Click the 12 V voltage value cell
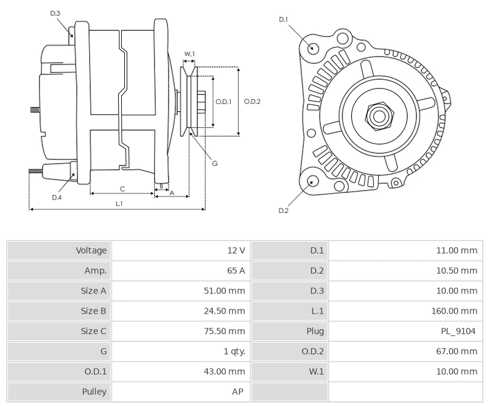click(x=237, y=250)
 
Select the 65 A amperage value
click(x=237, y=271)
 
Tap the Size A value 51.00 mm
click(x=224, y=291)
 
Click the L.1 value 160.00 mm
click(x=454, y=311)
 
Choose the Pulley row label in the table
click(x=94, y=392)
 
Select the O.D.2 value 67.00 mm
click(x=456, y=352)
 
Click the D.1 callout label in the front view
click(x=284, y=20)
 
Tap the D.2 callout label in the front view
click(x=284, y=210)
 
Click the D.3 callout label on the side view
click(x=55, y=13)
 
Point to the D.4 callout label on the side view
click(x=57, y=197)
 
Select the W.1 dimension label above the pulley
click(x=189, y=54)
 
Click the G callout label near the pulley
click(x=215, y=163)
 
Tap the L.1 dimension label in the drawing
click(x=118, y=203)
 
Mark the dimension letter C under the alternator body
click(x=122, y=188)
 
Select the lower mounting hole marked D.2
click(x=312, y=181)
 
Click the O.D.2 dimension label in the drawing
click(x=253, y=101)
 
